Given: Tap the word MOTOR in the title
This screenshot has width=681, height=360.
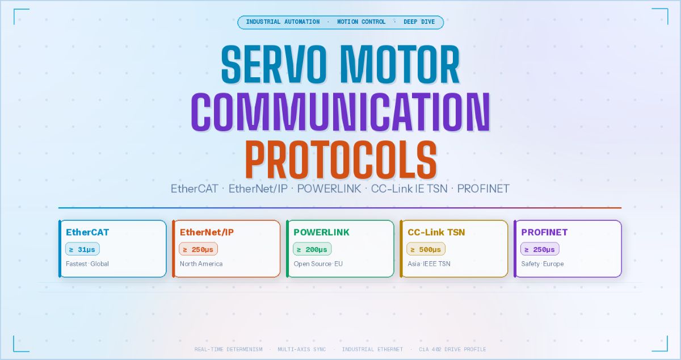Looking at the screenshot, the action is [x=400, y=64].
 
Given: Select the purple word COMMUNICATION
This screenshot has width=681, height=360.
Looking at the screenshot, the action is [x=341, y=112].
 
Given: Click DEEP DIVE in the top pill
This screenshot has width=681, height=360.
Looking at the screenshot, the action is [x=419, y=22].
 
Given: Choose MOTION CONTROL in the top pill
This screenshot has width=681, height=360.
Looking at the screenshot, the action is [x=361, y=22].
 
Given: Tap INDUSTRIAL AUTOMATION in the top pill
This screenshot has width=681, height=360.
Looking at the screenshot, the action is [x=283, y=22].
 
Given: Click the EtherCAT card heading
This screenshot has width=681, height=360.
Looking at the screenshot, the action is [x=87, y=232].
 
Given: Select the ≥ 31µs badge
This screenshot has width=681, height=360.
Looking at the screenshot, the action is [x=82, y=249].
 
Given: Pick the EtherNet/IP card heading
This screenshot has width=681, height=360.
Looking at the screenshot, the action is [x=207, y=232].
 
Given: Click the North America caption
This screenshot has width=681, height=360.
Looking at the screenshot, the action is [x=201, y=264].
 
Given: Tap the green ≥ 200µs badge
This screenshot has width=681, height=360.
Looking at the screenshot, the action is [x=312, y=249].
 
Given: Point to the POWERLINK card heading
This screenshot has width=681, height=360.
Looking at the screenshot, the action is [x=321, y=232].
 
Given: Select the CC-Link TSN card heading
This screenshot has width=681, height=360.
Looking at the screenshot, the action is [x=436, y=232].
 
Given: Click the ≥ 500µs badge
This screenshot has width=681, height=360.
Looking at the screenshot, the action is [x=426, y=249].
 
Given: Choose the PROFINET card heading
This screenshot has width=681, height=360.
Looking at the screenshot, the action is [x=544, y=232].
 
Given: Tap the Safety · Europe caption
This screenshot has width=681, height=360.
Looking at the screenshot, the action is [x=543, y=264].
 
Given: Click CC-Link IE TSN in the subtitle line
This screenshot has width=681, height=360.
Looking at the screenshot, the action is [x=409, y=189].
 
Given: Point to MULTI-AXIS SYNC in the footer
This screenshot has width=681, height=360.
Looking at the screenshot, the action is [x=301, y=349].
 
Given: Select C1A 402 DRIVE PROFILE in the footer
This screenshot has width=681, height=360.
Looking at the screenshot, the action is [x=452, y=349].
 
